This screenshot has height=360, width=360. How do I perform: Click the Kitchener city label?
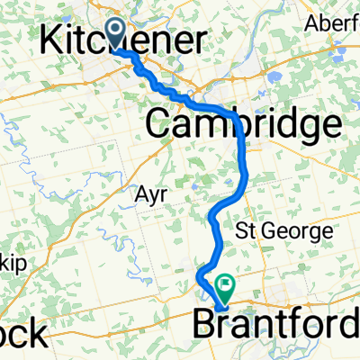pyautogui.click(x=125, y=41)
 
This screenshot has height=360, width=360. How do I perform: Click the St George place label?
pyautogui.click(x=283, y=232)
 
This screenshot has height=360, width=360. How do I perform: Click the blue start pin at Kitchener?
pyautogui.click(x=117, y=32)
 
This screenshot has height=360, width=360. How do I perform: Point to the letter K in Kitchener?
pyautogui.click(x=56, y=41)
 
